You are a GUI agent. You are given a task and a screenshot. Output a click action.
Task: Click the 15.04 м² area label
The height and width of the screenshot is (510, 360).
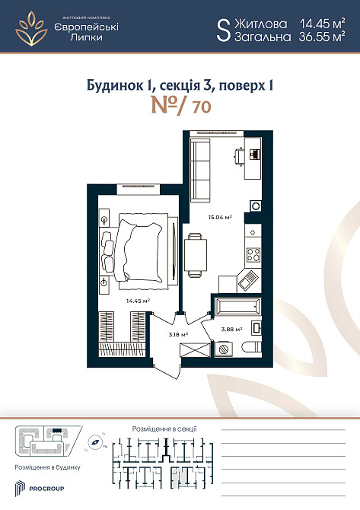pyautogui.click(x=221, y=217)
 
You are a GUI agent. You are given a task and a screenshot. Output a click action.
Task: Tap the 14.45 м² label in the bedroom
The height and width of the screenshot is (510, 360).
pyautogui.click(x=137, y=301)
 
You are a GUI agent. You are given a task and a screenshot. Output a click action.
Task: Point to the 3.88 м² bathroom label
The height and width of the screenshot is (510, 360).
pyautogui.click(x=231, y=329)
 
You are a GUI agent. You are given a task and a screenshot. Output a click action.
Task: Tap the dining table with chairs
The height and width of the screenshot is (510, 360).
pyautogui.click(x=194, y=253)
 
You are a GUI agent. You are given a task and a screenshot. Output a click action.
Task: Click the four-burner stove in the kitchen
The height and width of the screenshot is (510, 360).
pyautogui.click(x=253, y=254)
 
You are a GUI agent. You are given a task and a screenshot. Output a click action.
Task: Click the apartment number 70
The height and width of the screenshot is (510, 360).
pyautogui.click(x=202, y=107)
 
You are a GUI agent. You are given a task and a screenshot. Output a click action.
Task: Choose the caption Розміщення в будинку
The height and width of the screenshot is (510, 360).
pyautogui.click(x=45, y=466)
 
